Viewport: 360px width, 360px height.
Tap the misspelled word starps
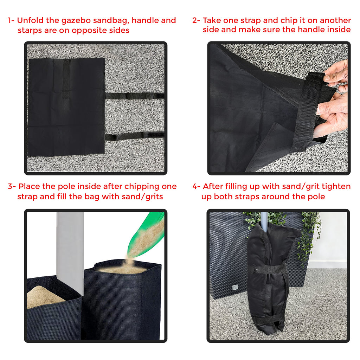pos(30,30)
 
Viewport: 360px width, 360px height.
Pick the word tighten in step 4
pos(337,186)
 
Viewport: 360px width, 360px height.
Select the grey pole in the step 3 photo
pos(70,246)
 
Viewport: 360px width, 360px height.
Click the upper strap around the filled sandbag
pos(269,270)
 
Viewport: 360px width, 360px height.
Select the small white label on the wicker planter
pos(233,288)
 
